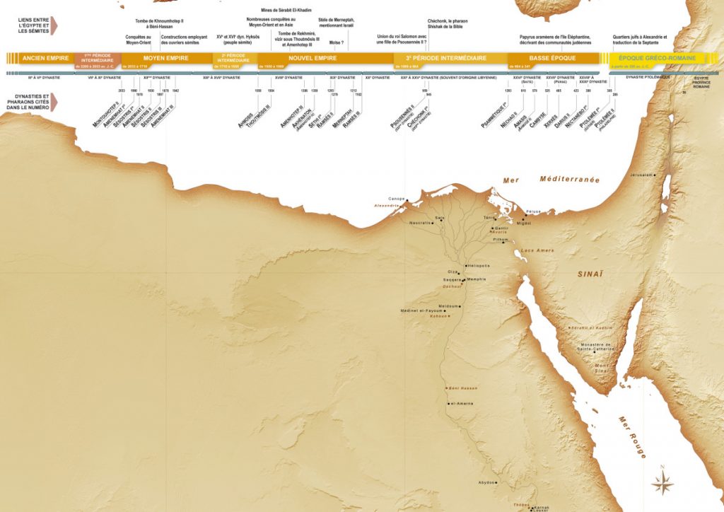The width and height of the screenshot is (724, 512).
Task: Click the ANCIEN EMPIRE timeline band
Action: (x=45, y=58)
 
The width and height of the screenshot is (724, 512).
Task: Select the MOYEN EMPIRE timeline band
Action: (x=165, y=58)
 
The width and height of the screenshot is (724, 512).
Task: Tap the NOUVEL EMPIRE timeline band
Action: (x=313, y=58)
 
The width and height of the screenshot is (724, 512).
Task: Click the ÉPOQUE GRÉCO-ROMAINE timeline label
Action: (x=657, y=58)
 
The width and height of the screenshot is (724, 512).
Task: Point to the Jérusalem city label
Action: (x=637, y=174)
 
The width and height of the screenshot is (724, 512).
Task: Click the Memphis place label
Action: (x=477, y=279)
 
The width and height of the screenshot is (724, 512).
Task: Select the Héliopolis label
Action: (x=479, y=266)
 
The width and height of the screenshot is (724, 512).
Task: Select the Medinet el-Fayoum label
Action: (x=421, y=310)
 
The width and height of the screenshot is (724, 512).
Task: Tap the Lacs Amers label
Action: (x=535, y=250)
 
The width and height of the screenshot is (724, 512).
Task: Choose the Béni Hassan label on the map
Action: (x=460, y=388)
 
